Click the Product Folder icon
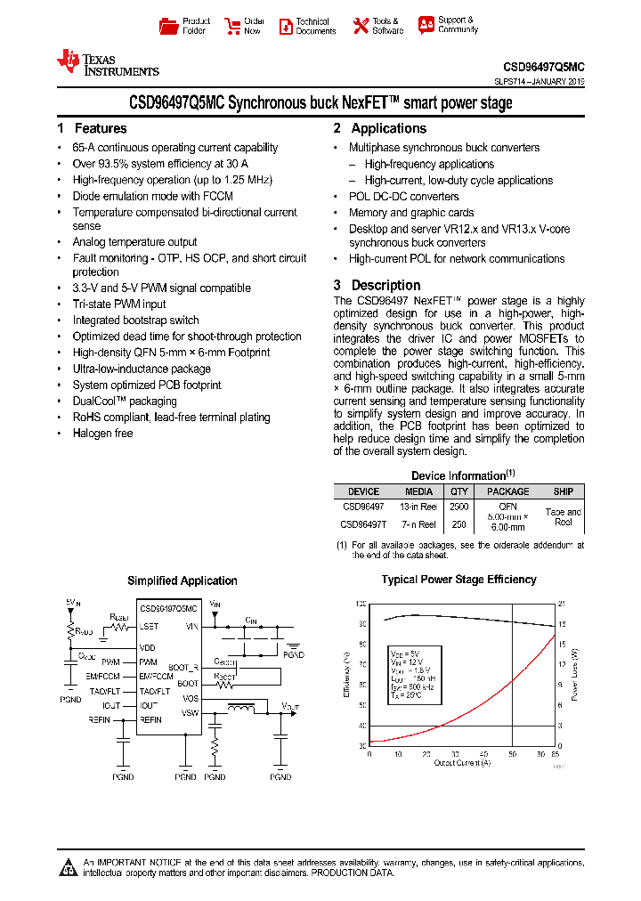tap(168, 26)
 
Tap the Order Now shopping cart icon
tap(232, 26)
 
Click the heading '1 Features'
tap(92, 128)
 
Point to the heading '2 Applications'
tap(380, 128)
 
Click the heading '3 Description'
tap(377, 285)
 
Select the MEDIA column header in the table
tap(419, 491)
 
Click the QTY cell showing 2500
tap(458, 507)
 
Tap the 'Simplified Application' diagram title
tap(183, 580)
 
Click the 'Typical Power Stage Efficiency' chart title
tap(458, 580)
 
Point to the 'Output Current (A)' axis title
tap(462, 762)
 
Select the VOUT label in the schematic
tap(290, 705)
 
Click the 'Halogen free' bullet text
tap(102, 434)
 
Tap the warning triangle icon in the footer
tap(69, 867)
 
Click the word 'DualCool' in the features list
tap(93, 402)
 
